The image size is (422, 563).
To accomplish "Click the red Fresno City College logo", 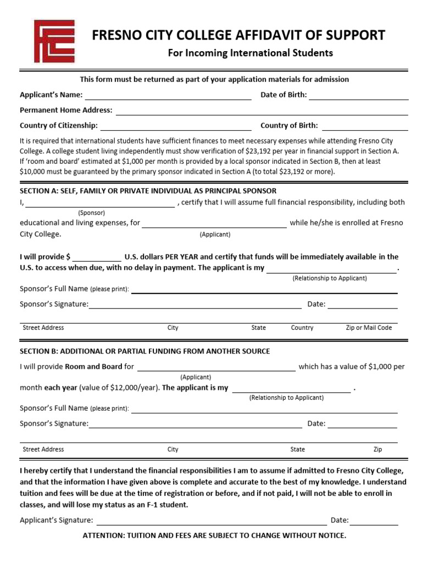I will pos(54,41).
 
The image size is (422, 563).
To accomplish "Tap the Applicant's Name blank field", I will pos(168,95).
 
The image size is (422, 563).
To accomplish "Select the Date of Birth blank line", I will pos(359,95).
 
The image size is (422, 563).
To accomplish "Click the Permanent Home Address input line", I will pos(262,111).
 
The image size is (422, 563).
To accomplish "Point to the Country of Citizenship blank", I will pos(176,126).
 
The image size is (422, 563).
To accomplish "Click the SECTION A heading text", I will pos(148,191).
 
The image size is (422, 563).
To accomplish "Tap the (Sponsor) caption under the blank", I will pos(91,212).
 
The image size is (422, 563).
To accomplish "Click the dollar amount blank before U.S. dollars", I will pos(97,257).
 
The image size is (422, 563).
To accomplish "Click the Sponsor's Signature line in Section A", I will pos(195,305).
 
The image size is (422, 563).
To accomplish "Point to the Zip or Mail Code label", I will pos(369,328).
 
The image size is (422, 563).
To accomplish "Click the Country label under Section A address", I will pos(302,328).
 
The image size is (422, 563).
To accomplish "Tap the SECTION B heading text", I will pos(145,351).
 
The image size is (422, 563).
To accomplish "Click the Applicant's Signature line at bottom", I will pos(211,521).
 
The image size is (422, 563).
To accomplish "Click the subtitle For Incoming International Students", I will pos(250,53).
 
